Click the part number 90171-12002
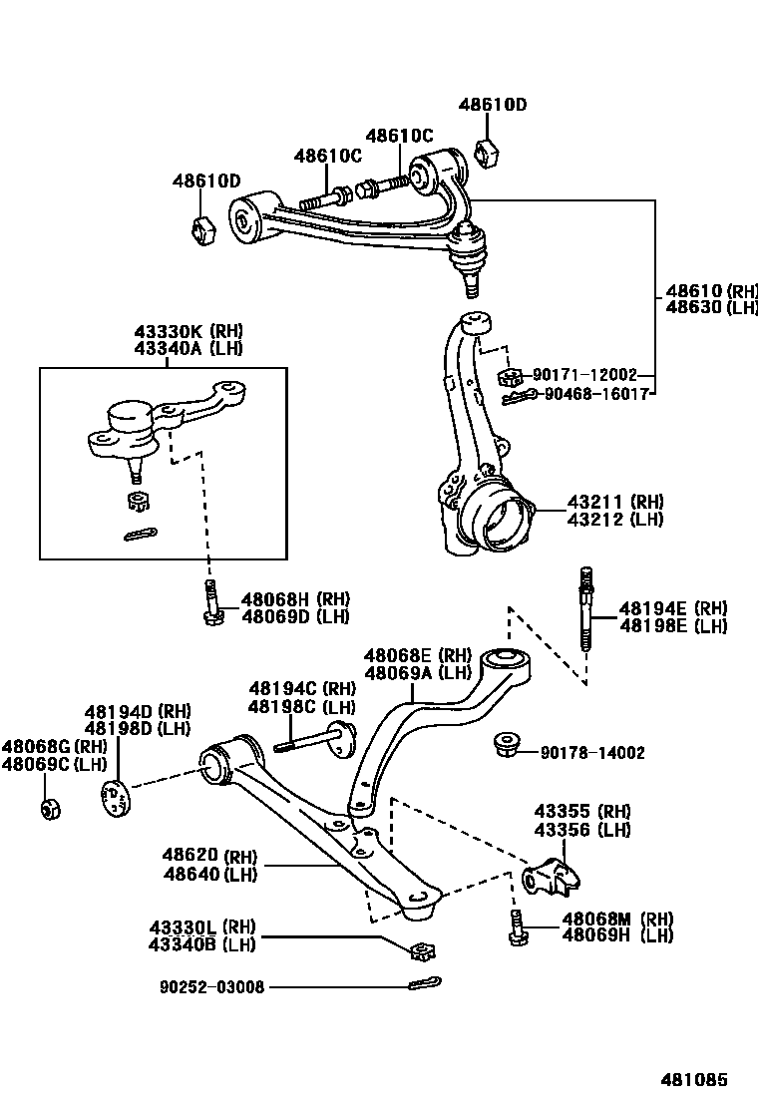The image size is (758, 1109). coord(583,375)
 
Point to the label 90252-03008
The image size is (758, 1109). coord(211,987)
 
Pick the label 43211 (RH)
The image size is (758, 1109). coord(615,502)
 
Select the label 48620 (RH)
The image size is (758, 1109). coord(209,857)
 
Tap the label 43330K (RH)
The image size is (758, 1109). coord(189,331)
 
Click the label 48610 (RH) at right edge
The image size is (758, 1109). coord(711,291)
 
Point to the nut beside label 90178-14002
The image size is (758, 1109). coord(506,745)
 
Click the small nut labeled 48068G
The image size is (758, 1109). coord(49,807)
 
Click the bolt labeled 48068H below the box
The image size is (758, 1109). coord(211,604)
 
